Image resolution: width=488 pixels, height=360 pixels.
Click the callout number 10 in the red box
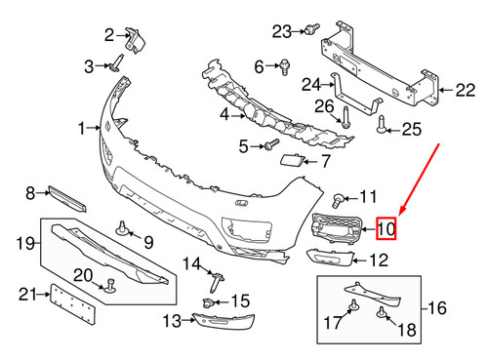pyautogui.click(x=386, y=231)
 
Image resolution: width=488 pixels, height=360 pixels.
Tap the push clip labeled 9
pyautogui.click(x=124, y=229)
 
